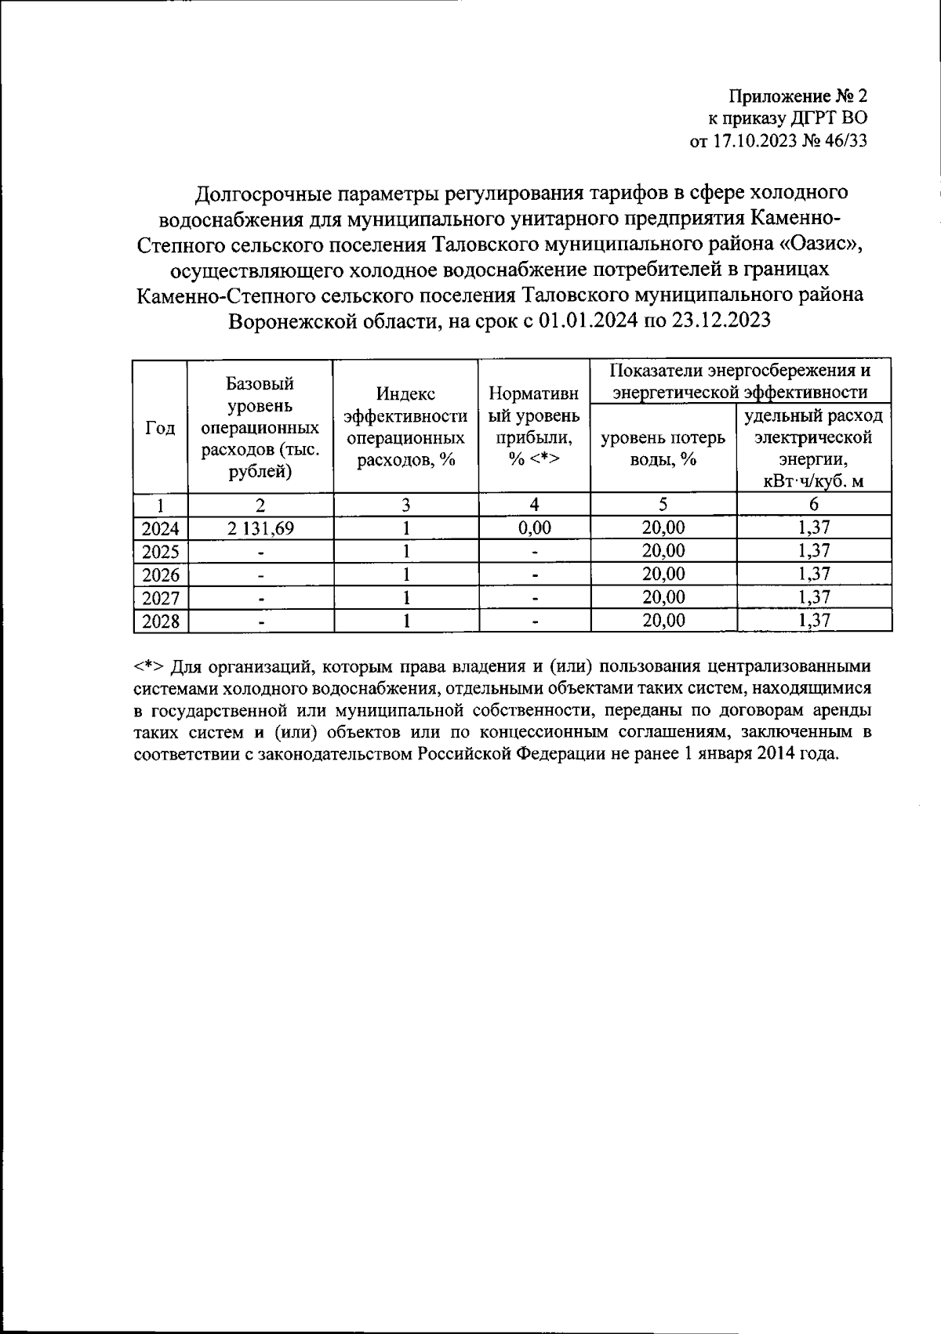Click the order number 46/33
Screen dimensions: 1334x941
(845, 141)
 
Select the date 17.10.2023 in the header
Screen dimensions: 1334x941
(749, 141)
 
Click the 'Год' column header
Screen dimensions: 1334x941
(160, 428)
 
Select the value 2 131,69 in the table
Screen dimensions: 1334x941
(260, 528)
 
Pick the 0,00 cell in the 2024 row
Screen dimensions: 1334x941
(534, 528)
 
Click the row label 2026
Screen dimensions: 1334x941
(160, 575)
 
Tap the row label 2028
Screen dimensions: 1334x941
(160, 622)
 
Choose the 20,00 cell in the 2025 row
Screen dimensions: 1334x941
(663, 551)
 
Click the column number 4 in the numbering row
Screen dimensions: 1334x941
(534, 505)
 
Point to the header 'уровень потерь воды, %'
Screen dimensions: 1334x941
(663, 449)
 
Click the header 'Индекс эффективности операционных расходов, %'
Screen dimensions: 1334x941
(405, 427)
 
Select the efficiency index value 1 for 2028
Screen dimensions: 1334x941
(406, 622)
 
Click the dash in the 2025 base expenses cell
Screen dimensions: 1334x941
(261, 553)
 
